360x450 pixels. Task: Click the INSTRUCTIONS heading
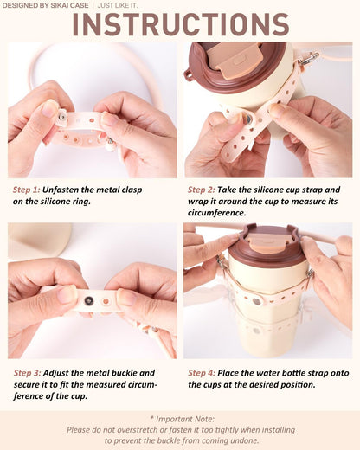(x=181, y=24)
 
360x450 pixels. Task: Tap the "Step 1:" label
(x=26, y=190)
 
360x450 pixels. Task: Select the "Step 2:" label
(x=202, y=190)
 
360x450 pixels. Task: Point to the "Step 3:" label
(x=27, y=373)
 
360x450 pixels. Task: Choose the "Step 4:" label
(x=202, y=373)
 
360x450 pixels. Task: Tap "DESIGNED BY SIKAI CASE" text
(x=45, y=5)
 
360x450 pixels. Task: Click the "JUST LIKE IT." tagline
(x=118, y=5)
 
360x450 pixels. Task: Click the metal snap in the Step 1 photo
(x=62, y=117)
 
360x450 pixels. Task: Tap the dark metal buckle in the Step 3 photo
(x=89, y=301)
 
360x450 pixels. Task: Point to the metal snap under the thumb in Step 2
(x=247, y=119)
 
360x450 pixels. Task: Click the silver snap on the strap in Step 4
(x=256, y=301)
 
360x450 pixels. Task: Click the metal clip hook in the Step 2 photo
(x=309, y=58)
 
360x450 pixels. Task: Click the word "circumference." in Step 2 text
(x=217, y=213)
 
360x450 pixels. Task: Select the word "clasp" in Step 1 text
(x=132, y=190)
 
